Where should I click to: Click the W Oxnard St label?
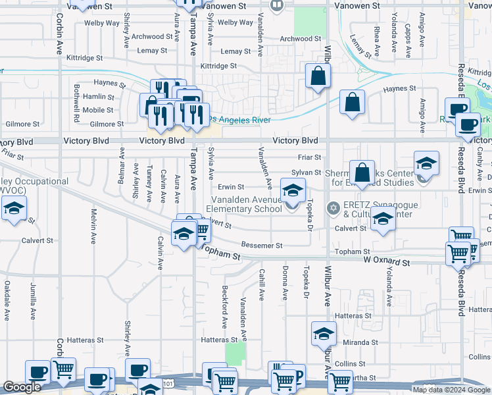387,262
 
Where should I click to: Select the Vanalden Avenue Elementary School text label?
246,204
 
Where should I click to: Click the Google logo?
22,387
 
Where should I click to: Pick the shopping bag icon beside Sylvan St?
362,174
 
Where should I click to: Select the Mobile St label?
98,110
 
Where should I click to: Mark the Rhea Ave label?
376,41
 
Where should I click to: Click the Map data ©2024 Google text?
451,390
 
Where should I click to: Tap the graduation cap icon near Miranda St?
324,334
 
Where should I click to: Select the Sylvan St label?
306,172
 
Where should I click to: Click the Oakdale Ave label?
7,300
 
